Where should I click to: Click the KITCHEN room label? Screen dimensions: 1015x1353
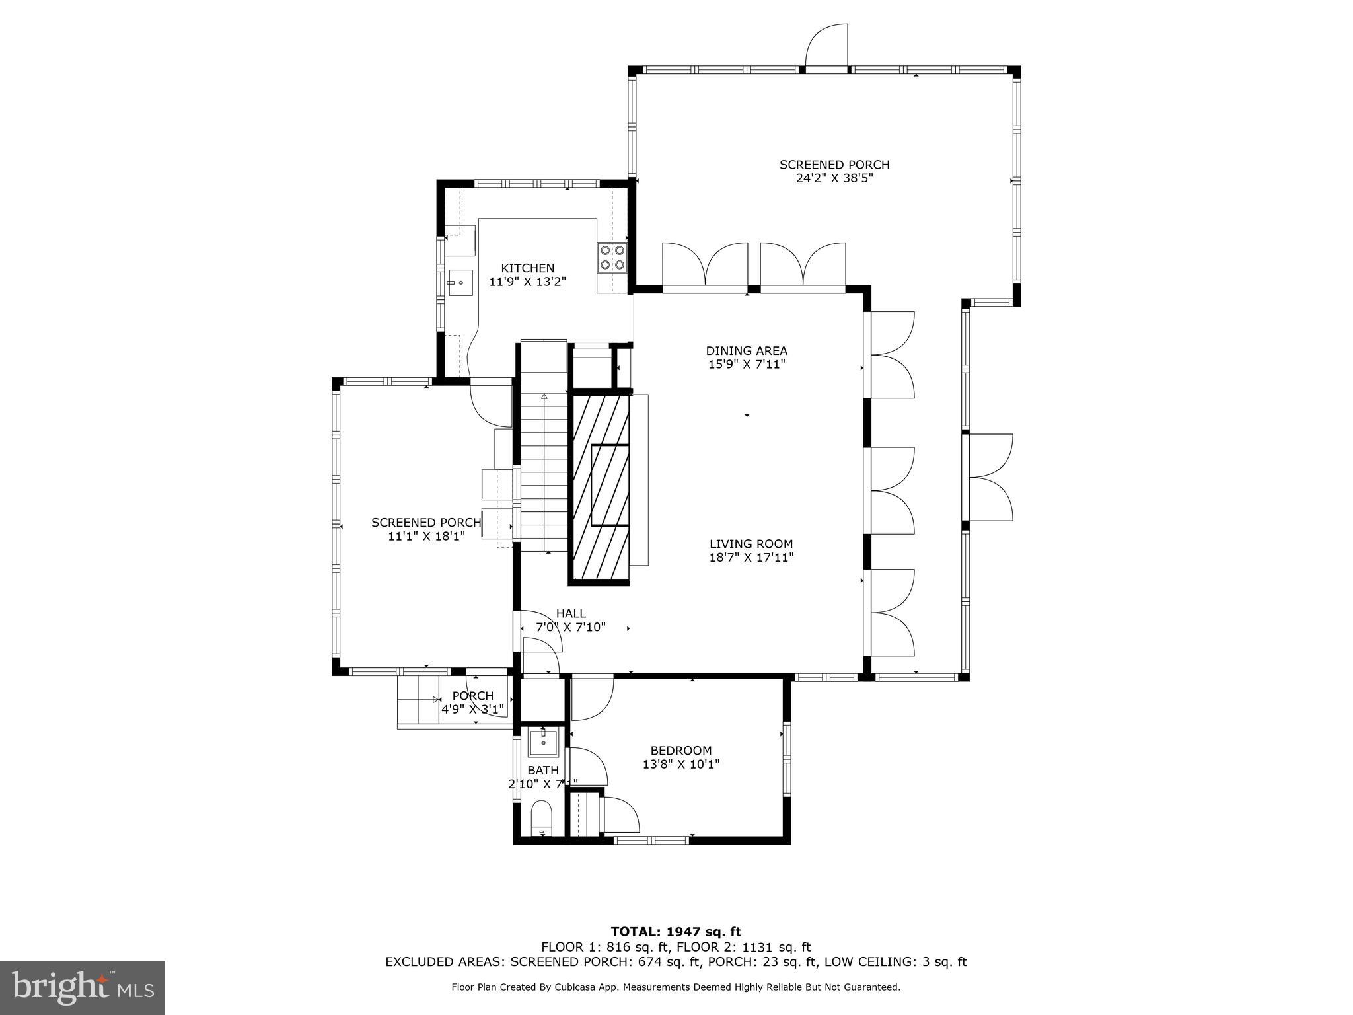[527, 268]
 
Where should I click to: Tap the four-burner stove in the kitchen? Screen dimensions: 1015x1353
[612, 258]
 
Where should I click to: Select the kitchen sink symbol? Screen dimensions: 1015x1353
[460, 283]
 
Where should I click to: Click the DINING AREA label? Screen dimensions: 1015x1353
[747, 351]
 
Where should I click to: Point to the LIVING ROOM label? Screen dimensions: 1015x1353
[751, 544]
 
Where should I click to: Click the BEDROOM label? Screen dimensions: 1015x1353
[680, 751]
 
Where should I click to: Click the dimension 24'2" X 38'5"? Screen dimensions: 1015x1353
[834, 178]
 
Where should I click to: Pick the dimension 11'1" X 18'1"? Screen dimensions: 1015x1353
[426, 537]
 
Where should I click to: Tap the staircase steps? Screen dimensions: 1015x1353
[544, 476]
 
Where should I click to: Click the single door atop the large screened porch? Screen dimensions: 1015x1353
[826, 46]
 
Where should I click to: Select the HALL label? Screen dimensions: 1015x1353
[571, 613]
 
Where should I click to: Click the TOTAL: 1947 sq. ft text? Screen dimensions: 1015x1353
[676, 932]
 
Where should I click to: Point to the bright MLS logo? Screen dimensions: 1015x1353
[83, 987]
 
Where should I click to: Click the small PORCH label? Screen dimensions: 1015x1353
[472, 696]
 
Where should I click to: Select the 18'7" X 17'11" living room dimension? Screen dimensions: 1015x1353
[751, 558]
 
